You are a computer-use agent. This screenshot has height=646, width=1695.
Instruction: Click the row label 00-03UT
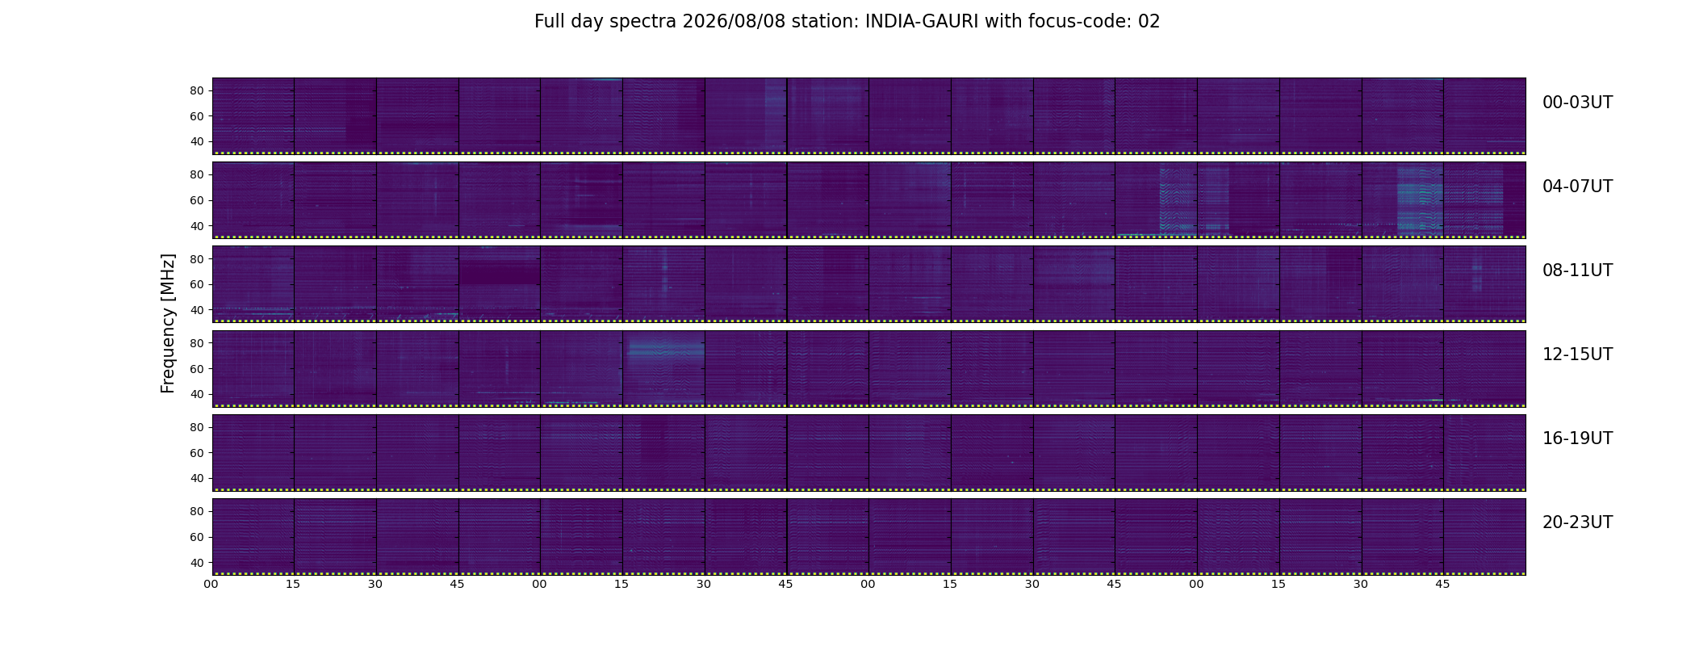click(1577, 103)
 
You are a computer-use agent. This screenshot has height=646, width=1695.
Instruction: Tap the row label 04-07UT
click(1577, 187)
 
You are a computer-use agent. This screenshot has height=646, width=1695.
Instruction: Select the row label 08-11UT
click(1577, 271)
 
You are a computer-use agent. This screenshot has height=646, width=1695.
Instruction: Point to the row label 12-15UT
click(1577, 354)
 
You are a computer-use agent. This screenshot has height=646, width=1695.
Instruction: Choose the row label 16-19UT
click(1577, 438)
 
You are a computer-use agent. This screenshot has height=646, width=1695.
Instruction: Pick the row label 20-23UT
click(1577, 522)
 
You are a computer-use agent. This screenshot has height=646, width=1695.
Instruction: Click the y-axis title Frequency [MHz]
click(168, 324)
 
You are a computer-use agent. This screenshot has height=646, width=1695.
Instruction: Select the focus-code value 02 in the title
click(1149, 22)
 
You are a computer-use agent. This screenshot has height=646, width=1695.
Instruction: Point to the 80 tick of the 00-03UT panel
click(196, 91)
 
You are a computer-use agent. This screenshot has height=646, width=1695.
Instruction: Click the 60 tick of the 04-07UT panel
click(196, 200)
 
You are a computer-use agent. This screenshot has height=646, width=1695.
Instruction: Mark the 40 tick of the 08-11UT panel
click(196, 310)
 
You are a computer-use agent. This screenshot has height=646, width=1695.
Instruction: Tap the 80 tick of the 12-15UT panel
click(196, 343)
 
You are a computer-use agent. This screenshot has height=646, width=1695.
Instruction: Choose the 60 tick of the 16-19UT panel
click(196, 453)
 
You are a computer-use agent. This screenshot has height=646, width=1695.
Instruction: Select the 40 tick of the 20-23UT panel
click(196, 562)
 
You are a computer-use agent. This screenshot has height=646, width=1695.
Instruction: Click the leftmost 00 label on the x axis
click(211, 584)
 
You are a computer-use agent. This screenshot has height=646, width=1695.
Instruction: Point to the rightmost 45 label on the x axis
click(1442, 584)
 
